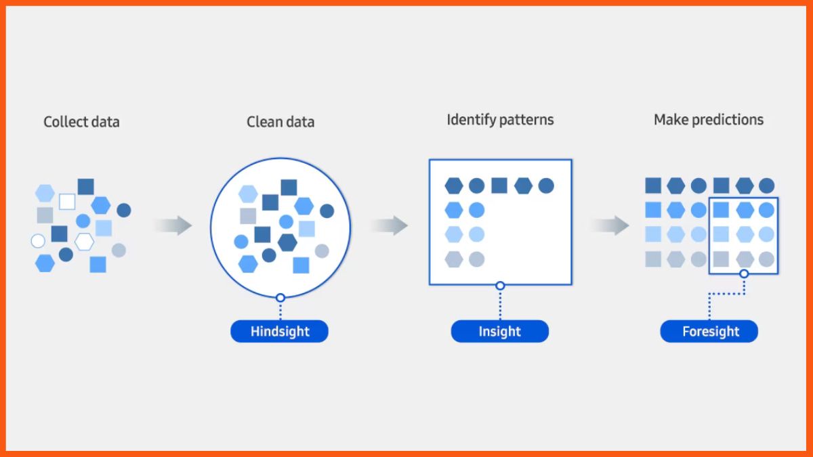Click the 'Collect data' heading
point(81,123)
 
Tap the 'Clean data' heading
point(280,123)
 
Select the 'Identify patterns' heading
point(500,120)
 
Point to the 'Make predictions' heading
point(708,120)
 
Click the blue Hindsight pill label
point(279,332)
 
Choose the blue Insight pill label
point(500,332)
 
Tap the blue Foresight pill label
point(709,332)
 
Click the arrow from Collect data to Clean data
point(173,225)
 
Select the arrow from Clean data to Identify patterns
point(390,225)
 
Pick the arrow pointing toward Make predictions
point(610,225)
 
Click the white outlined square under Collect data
point(67,202)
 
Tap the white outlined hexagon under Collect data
point(84,241)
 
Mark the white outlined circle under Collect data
point(38,241)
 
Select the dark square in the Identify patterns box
point(499,186)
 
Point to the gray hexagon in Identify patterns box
point(453,259)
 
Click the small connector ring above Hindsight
point(280,297)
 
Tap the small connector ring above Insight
point(500,286)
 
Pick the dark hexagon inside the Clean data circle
point(287,242)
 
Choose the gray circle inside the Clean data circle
point(322,251)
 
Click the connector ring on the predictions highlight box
point(744,274)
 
